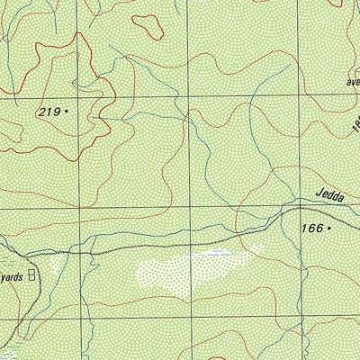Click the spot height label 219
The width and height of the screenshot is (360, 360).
click(49, 112)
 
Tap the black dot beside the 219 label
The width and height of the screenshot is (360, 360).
click(67, 112)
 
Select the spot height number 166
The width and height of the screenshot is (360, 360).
click(310, 229)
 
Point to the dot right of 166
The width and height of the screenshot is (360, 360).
click(330, 229)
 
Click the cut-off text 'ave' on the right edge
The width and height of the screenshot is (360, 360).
click(351, 78)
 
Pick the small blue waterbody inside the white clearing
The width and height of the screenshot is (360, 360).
click(216, 254)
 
